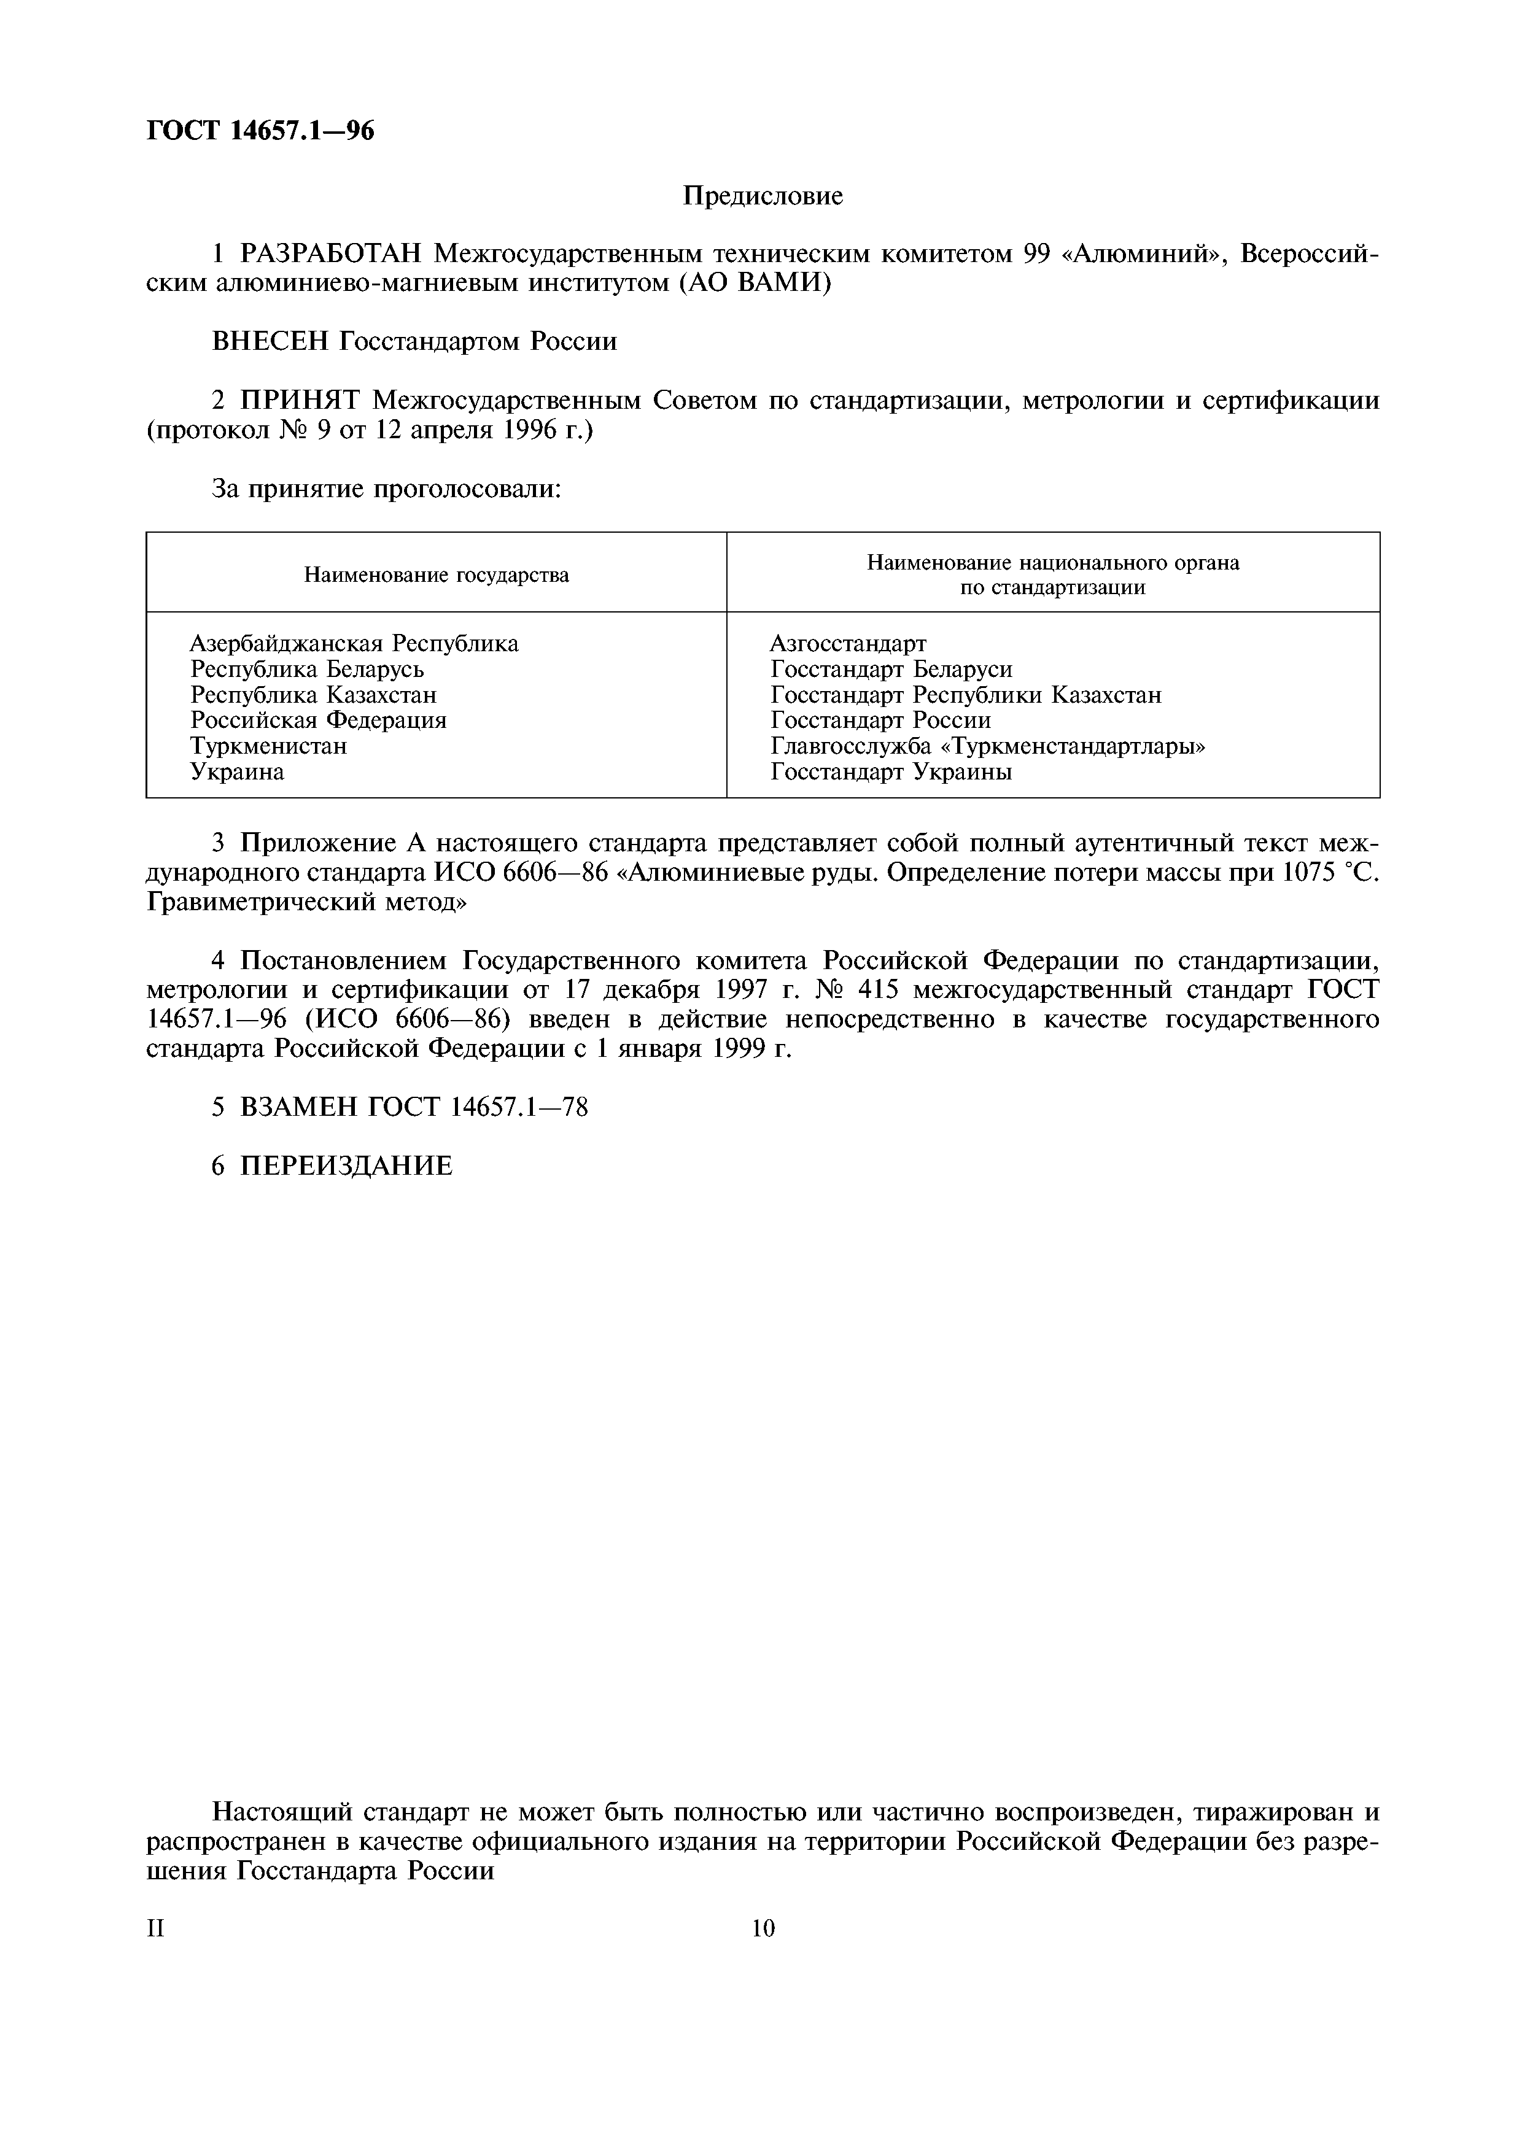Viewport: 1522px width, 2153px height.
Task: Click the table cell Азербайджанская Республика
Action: [354, 643]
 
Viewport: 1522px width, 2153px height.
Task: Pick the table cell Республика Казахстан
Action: [313, 695]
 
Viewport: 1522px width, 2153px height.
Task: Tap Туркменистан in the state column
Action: [268, 746]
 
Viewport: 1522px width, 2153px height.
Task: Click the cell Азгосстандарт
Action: [848, 643]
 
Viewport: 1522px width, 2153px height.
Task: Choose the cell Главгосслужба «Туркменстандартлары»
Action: [987, 746]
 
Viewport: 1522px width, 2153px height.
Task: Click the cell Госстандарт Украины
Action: [891, 771]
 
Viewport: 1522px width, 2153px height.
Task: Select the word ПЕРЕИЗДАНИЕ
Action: [346, 1165]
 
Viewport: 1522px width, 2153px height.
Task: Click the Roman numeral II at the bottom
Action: [156, 1929]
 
